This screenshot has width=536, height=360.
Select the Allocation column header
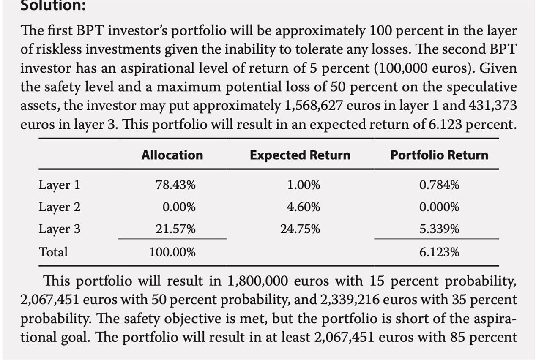(172, 155)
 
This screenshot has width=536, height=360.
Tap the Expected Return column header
(300, 155)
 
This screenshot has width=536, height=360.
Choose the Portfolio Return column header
(439, 155)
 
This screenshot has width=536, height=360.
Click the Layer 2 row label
(59, 207)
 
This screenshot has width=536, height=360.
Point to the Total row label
(53, 252)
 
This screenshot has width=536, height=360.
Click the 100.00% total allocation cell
(172, 252)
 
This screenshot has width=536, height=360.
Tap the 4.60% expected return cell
(304, 207)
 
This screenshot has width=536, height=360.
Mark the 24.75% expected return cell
(300, 229)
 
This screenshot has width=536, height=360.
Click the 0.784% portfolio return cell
(439, 185)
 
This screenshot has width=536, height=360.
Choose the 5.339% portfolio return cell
(439, 229)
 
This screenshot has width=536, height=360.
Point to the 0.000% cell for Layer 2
(439, 207)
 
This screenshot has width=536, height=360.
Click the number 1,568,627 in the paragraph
(310, 106)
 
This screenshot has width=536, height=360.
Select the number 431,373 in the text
(492, 106)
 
